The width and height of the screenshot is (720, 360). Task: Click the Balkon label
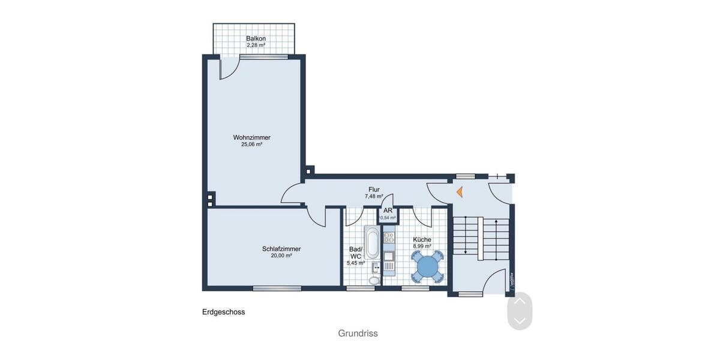tap(256, 38)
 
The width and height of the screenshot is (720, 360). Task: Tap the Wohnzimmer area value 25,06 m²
tap(251, 145)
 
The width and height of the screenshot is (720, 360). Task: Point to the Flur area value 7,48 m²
tap(374, 196)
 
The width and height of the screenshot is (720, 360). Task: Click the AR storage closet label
tap(388, 211)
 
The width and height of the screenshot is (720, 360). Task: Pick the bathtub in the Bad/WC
tap(372, 243)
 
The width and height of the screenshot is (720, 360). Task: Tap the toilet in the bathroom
tap(374, 280)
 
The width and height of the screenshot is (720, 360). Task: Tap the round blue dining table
tap(427, 266)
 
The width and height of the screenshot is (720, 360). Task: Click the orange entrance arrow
tap(459, 192)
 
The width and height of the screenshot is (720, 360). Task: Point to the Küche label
tap(422, 239)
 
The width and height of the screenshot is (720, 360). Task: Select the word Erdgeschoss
tap(223, 312)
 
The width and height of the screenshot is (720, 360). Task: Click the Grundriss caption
tap(358, 334)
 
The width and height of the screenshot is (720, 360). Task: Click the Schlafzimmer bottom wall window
tap(277, 289)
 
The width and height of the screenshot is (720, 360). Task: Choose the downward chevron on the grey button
tap(520, 321)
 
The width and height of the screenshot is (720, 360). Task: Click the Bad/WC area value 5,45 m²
tap(355, 263)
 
